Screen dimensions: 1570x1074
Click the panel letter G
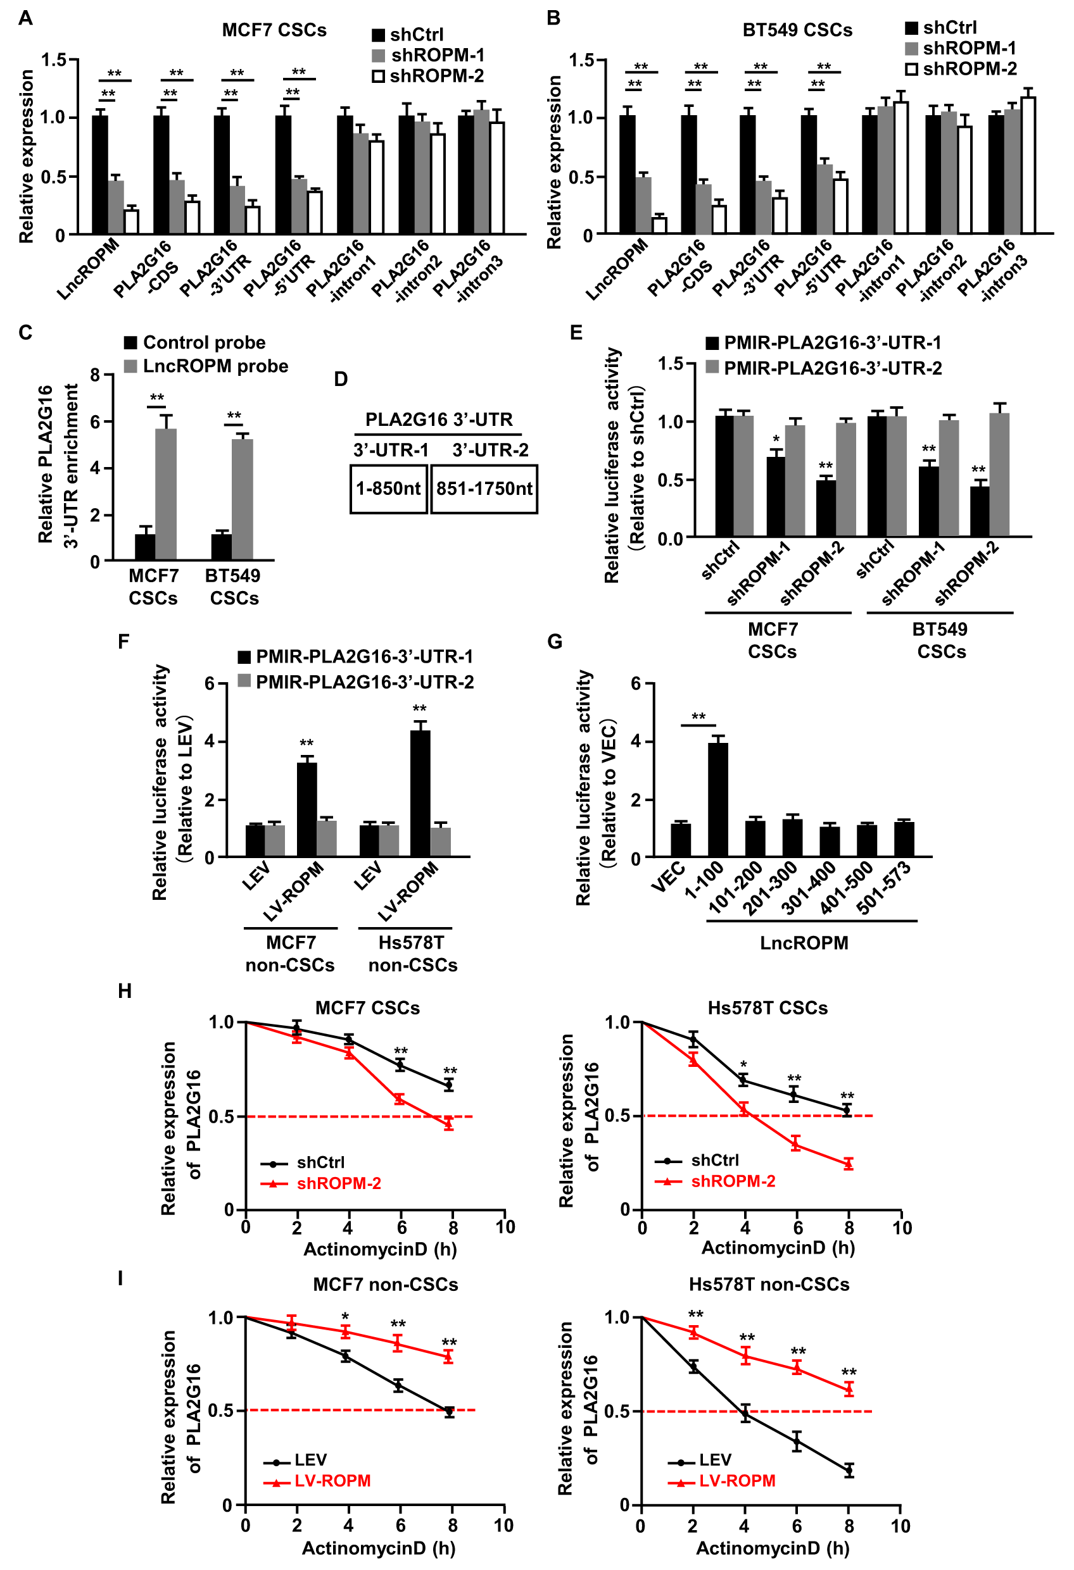(x=554, y=641)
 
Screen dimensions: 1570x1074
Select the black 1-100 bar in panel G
(x=717, y=800)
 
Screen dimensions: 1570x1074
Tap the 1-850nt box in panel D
(x=389, y=489)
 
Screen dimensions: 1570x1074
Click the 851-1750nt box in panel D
(x=484, y=489)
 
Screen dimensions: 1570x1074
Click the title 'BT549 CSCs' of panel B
(x=797, y=30)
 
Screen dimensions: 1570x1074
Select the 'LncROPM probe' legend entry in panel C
(x=206, y=366)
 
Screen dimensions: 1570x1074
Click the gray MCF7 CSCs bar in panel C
(x=165, y=494)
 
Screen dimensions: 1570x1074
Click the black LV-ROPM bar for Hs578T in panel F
(x=420, y=793)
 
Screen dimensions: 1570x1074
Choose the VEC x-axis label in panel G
(x=668, y=877)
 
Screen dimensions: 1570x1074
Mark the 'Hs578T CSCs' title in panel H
(x=767, y=1008)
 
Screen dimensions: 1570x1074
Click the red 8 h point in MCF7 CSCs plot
(x=449, y=1124)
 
